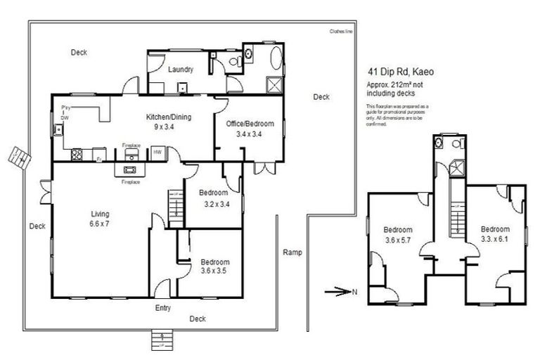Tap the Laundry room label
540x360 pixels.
click(181, 69)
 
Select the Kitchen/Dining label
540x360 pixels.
click(169, 117)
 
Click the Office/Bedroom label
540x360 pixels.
click(250, 124)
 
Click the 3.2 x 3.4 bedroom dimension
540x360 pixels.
click(213, 204)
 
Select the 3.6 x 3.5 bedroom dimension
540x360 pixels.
click(214, 271)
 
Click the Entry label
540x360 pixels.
click(162, 308)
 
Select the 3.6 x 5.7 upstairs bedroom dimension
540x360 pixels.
click(397, 240)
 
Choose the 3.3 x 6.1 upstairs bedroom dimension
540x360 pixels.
click(495, 239)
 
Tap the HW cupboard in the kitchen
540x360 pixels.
click(157, 152)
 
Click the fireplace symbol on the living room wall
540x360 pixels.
click(130, 169)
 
